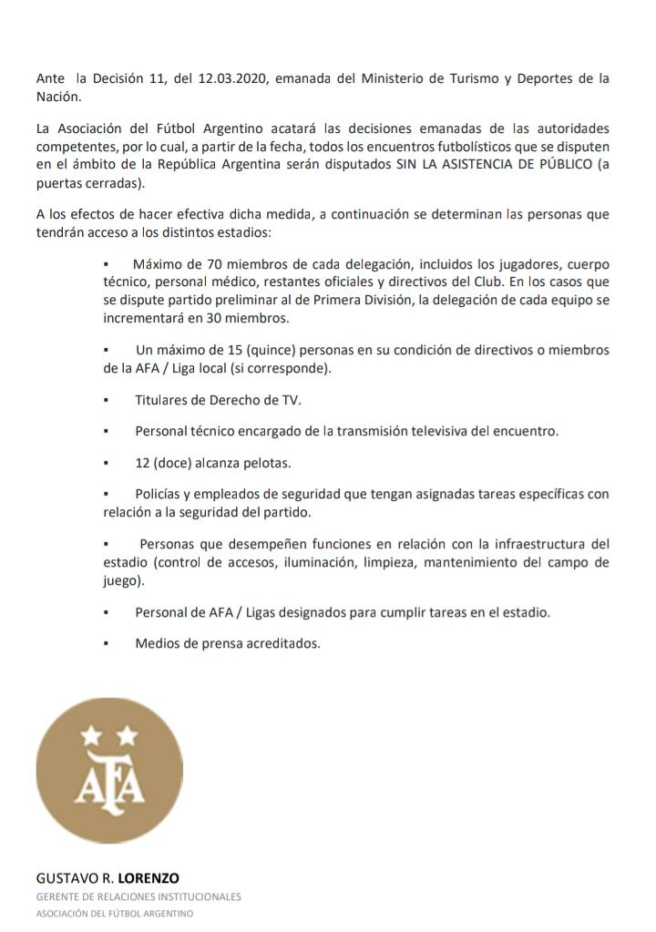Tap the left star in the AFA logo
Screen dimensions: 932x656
click(x=90, y=733)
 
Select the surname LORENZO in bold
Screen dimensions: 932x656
click(x=149, y=878)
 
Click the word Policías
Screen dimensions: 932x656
click(x=161, y=494)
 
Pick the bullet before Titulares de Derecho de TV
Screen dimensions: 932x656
click(x=107, y=401)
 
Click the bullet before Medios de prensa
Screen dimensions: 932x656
click(x=107, y=644)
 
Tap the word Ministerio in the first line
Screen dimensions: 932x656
click(x=401, y=79)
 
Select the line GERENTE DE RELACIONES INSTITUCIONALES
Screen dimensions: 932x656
click(x=138, y=897)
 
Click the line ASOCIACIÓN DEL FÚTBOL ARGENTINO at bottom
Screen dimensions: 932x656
click(x=115, y=914)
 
